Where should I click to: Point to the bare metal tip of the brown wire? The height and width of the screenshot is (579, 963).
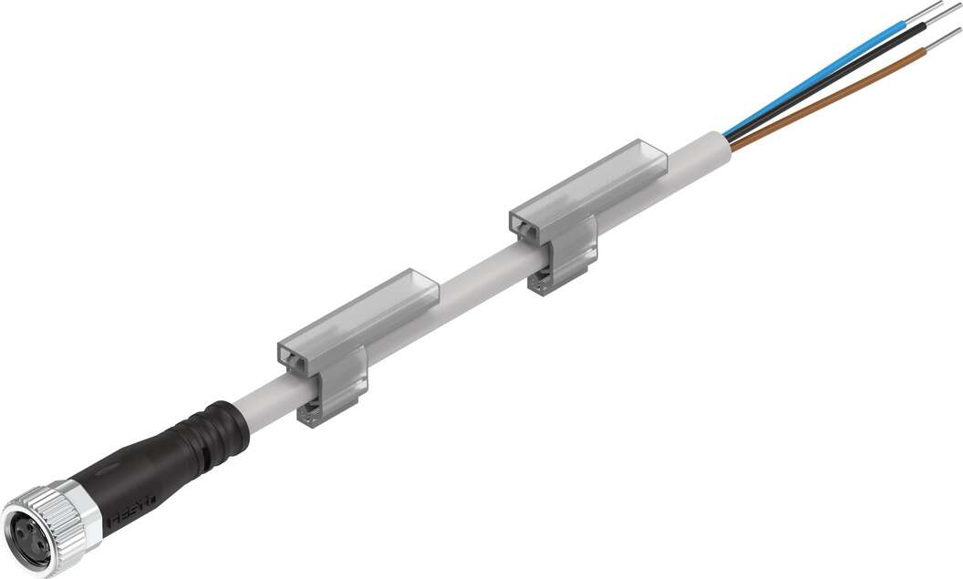point(943,39)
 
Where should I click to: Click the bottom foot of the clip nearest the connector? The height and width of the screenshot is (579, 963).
point(315,415)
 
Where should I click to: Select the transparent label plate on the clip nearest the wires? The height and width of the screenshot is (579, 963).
point(593,182)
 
